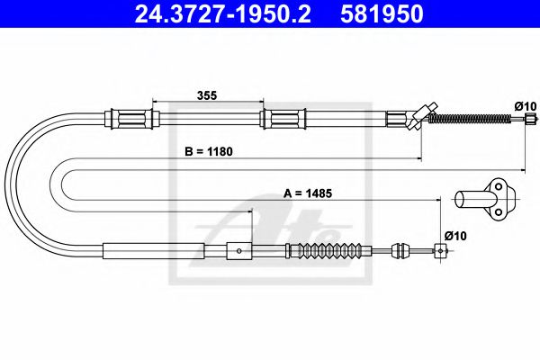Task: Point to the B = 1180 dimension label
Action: tap(209, 151)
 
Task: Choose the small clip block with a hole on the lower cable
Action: tap(237, 250)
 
